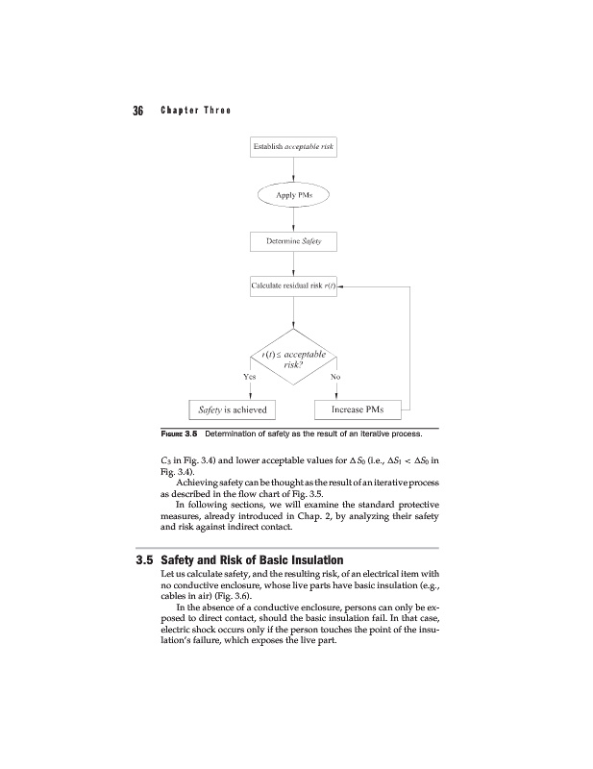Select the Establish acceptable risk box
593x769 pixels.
(291, 147)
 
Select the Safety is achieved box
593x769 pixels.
(231, 410)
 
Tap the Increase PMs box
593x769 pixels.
(357, 410)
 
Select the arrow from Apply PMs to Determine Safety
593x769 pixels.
(291, 218)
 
